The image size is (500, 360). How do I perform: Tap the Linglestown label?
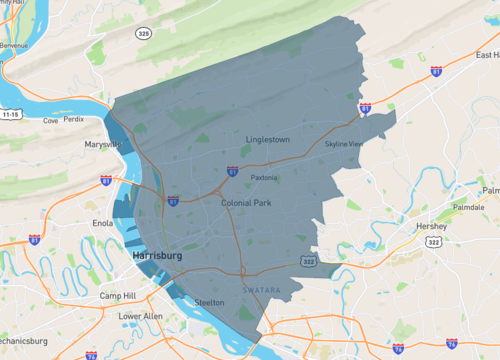point(267,140)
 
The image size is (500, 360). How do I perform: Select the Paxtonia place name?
point(264,178)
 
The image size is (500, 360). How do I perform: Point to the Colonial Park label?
point(246,203)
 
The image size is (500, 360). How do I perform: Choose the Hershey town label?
point(431,227)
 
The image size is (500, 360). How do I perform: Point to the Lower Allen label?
point(140,316)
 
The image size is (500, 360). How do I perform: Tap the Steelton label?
point(209,301)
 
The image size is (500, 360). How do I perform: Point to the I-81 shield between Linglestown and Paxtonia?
point(231,171)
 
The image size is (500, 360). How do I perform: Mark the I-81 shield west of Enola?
point(34,240)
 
